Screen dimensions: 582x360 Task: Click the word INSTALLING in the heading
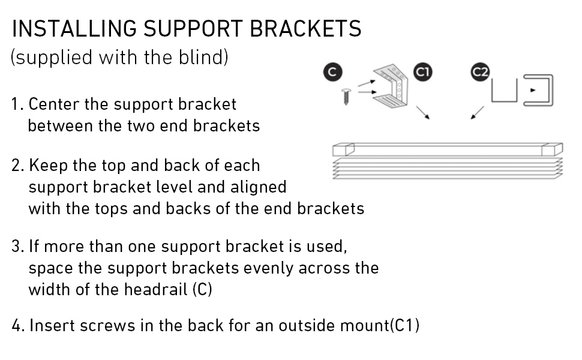click(x=74, y=29)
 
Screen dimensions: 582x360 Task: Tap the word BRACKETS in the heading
click(x=305, y=29)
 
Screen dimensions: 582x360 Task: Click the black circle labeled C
click(x=332, y=72)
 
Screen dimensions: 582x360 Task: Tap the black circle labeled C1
click(x=423, y=72)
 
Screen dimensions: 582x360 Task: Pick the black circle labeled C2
click(x=480, y=72)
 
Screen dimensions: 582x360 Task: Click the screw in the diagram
click(x=346, y=97)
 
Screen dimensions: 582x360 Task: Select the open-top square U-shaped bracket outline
click(x=504, y=101)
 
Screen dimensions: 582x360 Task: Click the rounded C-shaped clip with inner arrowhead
click(x=552, y=90)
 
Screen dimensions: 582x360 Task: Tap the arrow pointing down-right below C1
click(x=423, y=113)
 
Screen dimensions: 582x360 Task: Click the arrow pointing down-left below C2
click(x=478, y=113)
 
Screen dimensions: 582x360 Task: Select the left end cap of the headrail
click(x=343, y=149)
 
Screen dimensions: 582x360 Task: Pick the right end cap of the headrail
click(x=553, y=149)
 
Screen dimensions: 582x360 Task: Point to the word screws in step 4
click(x=107, y=326)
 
